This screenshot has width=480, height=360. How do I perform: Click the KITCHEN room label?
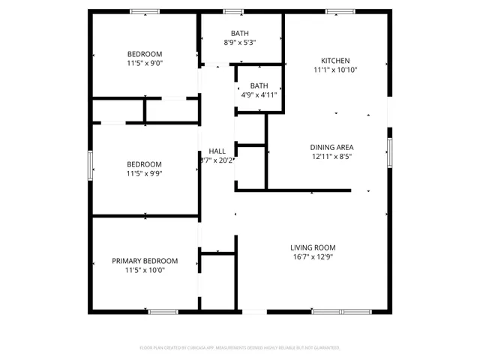tap(335, 61)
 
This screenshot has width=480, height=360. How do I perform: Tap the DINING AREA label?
tap(332, 147)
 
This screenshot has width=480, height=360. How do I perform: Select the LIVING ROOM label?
tap(313, 247)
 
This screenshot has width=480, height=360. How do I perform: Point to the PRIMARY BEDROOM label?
tap(145, 261)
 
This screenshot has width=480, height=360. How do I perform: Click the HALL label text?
tap(217, 151)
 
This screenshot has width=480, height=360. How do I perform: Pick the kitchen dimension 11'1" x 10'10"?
tap(335, 70)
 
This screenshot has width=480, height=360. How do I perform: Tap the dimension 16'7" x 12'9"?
tap(313, 256)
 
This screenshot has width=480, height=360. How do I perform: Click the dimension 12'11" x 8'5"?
tap(332, 157)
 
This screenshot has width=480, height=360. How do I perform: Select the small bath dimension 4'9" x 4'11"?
tap(259, 95)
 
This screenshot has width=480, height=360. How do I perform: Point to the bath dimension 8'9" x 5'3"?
tap(240, 43)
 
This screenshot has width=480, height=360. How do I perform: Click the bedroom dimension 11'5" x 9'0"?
tap(145, 64)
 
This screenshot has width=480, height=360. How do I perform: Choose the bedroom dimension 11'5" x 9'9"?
tap(145, 173)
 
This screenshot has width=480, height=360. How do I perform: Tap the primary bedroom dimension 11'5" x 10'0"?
tap(145, 270)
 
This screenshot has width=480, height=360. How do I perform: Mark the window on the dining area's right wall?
tap(389, 152)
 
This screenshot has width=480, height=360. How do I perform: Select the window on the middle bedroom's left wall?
tap(91, 165)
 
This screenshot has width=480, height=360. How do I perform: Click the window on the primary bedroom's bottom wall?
tap(162, 311)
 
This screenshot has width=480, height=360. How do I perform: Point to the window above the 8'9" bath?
tap(233, 10)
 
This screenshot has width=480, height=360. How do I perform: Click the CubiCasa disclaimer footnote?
tap(240, 347)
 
